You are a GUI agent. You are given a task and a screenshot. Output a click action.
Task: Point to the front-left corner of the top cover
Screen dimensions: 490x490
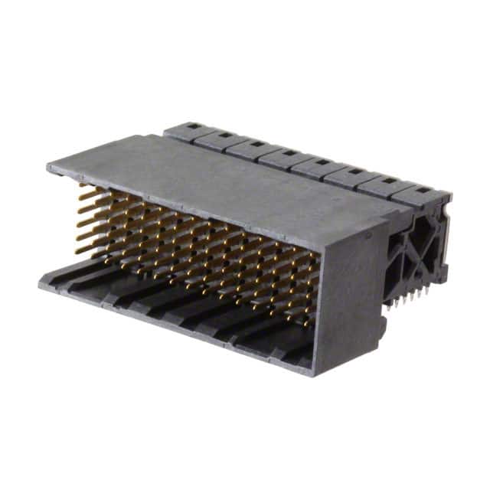coord(47,165)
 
